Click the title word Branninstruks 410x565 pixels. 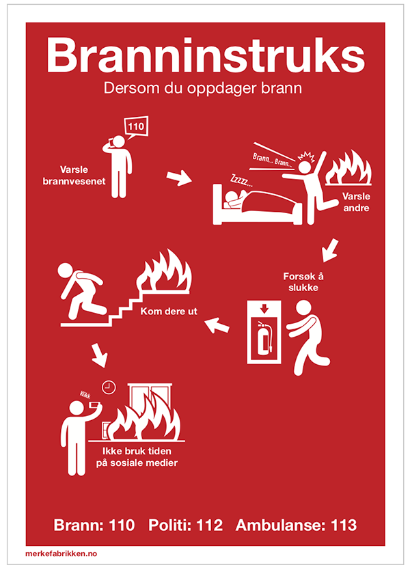click(x=206, y=55)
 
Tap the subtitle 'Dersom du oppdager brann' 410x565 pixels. click(x=203, y=88)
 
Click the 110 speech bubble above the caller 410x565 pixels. click(x=136, y=127)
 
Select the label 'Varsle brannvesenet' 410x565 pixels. click(x=74, y=175)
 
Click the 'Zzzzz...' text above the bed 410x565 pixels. click(x=241, y=180)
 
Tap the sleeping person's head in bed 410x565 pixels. click(x=231, y=197)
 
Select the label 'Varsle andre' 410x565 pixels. click(x=356, y=202)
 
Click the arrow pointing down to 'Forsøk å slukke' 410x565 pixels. click(x=330, y=250)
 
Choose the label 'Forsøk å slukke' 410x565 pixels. click(x=303, y=281)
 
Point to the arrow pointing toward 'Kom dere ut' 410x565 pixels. click(x=217, y=325)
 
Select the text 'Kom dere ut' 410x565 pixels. click(x=169, y=312)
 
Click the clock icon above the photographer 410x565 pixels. click(x=109, y=387)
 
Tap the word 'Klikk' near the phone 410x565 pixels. click(x=85, y=394)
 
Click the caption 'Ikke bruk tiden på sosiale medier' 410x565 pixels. click(x=137, y=457)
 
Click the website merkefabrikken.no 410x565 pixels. click(x=61, y=553)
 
